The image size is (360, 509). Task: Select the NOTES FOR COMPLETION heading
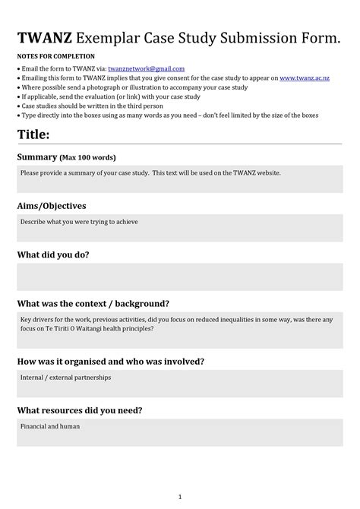pos(55,56)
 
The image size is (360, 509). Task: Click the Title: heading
pos(33,134)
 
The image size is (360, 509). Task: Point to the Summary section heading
pos(37,157)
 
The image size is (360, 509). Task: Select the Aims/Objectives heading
pos(51,206)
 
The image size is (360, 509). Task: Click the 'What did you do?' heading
pos(53,254)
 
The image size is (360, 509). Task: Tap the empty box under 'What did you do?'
pos(180,277)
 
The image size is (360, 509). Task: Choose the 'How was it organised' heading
pos(110,361)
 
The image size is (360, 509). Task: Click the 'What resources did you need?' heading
pos(80,410)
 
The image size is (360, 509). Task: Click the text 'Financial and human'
pos(50,426)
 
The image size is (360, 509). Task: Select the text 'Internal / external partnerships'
pos(65,377)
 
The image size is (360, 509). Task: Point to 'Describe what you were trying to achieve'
pos(79,222)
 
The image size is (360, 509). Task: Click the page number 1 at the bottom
pos(180,496)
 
